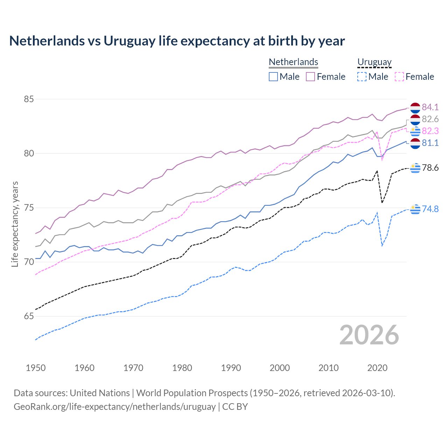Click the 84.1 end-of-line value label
430,107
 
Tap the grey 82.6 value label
430,119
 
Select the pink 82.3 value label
430,131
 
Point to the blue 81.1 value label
430,143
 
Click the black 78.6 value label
430,168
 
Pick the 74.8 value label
430,209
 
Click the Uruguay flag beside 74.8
415,209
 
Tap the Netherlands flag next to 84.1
415,108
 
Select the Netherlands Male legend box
273,77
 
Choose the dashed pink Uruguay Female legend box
399,77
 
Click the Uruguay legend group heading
374,62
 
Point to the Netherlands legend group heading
293,62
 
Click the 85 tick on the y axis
29,99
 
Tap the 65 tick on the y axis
29,316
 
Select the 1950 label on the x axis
36,368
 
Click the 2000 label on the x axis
280,368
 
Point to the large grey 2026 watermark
369,335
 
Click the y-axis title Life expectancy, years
15,224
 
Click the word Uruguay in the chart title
129,41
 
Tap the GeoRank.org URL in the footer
114,407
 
